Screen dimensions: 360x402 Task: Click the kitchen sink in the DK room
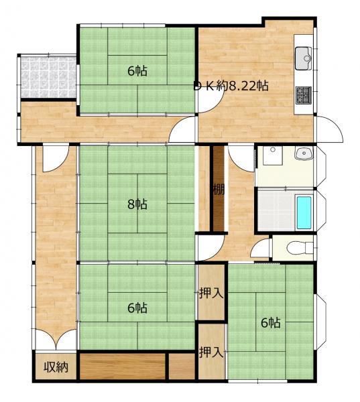point(303,58)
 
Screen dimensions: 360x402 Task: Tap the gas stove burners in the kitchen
point(304,95)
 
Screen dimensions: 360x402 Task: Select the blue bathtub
point(304,213)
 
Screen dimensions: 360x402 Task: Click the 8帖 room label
point(137,204)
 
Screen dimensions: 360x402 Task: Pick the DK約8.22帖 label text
point(231,86)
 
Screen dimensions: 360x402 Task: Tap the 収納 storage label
point(56,367)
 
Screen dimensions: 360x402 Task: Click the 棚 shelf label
point(219,190)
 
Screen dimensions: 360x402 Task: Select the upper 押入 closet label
point(211,293)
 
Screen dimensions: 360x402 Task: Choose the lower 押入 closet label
point(211,352)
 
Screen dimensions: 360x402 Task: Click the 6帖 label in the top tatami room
point(137,71)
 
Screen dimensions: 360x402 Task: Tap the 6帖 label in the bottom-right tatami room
point(271,322)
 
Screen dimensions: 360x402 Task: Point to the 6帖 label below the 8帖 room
point(137,308)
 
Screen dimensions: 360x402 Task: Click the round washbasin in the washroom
point(304,153)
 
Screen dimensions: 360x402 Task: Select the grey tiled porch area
point(48,77)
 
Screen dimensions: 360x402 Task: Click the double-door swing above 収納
point(56,338)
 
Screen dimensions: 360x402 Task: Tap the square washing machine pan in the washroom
point(272,155)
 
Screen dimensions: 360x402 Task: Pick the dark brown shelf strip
point(219,188)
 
